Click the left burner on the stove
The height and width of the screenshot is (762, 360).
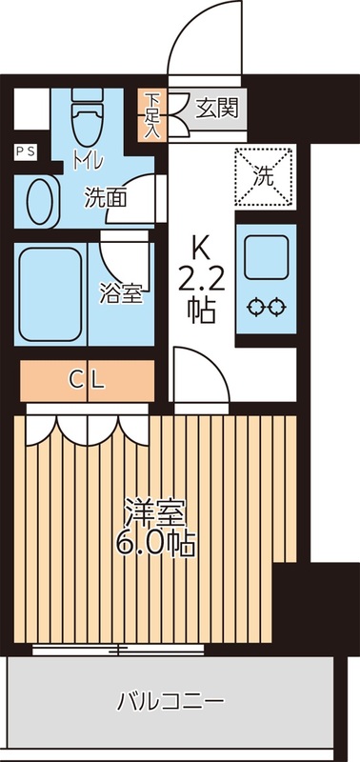(254, 307)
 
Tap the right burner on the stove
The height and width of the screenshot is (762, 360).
(276, 307)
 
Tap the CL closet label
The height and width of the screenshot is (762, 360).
(86, 379)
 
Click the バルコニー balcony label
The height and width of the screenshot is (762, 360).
(170, 703)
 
